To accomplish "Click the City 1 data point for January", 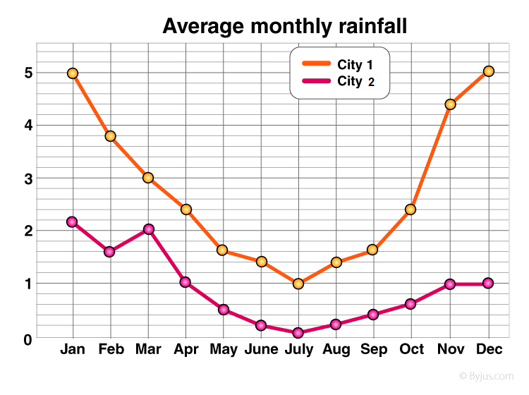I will pyautogui.click(x=72, y=73).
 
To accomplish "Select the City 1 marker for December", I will pyautogui.click(x=488, y=71).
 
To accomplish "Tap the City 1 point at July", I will pyautogui.click(x=298, y=284).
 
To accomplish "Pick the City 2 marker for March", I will pyautogui.click(x=148, y=229).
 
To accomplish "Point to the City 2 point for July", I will pyautogui.click(x=298, y=332).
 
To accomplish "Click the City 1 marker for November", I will pyautogui.click(x=450, y=104).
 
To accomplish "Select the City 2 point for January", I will pyautogui.click(x=72, y=221).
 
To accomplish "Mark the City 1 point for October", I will pyautogui.click(x=411, y=209).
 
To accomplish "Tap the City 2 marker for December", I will pyautogui.click(x=488, y=284).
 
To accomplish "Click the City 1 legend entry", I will pyautogui.click(x=339, y=65).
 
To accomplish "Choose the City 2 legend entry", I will pyautogui.click(x=339, y=81).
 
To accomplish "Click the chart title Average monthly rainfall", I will pyautogui.click(x=285, y=27).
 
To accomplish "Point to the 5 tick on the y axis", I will pyautogui.click(x=28, y=73).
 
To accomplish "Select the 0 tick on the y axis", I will pyautogui.click(x=28, y=339).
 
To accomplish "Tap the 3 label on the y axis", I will pyautogui.click(x=28, y=178).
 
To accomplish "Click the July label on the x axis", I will pyautogui.click(x=298, y=350).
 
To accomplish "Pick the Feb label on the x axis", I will pyautogui.click(x=111, y=350).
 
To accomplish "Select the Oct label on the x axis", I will pyautogui.click(x=411, y=350).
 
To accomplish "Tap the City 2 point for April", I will pyautogui.click(x=185, y=282).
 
